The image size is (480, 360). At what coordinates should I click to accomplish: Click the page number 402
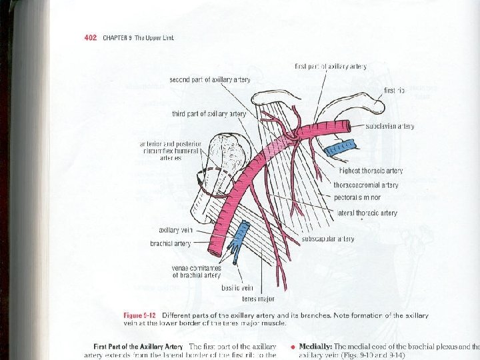coord(91,37)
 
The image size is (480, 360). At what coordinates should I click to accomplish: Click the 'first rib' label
coord(395,90)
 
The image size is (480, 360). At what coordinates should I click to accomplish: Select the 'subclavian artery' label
coord(390,126)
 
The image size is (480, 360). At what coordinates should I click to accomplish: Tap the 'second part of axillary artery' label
coord(210,79)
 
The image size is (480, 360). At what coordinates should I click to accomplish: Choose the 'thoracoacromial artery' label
coord(366,185)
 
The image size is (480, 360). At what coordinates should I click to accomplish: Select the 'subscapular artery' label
coord(328,239)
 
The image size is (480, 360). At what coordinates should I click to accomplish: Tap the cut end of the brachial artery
coord(215,251)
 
